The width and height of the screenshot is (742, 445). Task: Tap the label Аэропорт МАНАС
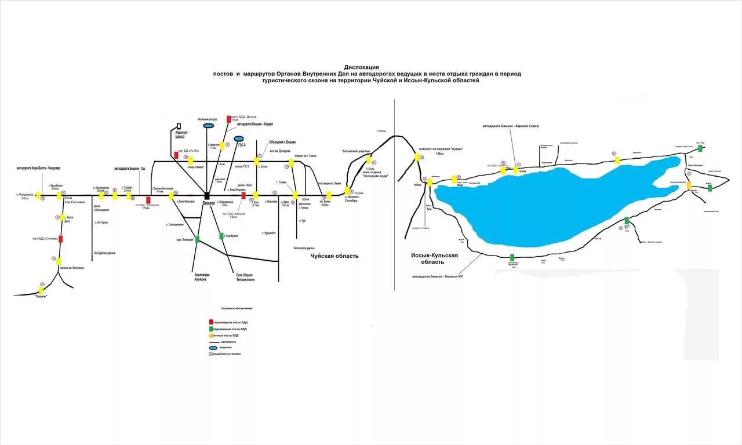coord(181,135)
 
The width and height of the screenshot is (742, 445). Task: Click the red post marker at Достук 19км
coord(228,119)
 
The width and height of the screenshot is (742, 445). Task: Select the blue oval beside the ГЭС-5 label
coord(238,138)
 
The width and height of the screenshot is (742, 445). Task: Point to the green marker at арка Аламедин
coord(197,239)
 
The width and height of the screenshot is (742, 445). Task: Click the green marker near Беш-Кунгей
coord(221,236)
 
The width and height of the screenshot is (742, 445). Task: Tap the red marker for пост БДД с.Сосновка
coord(61,239)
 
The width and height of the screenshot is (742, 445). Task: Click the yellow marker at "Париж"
coord(41,290)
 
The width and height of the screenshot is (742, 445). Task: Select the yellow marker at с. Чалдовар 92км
coord(38,196)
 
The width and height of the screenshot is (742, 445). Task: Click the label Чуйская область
coord(334,256)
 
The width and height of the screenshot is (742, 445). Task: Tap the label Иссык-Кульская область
coord(434,258)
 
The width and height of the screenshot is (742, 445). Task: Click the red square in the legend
coord(210,322)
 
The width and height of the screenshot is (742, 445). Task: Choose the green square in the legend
coord(210,329)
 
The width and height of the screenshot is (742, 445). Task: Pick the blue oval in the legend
coord(212,348)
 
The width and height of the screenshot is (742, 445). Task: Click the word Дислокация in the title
coord(361,67)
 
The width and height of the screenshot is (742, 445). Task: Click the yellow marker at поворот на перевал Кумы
coord(417,157)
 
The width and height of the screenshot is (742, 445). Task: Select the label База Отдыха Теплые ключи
coord(245,277)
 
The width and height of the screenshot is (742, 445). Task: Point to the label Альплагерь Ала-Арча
coord(200,277)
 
